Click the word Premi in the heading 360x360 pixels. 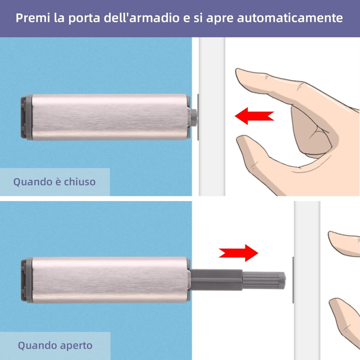[x=33, y=18]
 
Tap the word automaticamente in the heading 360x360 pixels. [x=290, y=18]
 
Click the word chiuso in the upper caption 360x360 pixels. [x=80, y=181]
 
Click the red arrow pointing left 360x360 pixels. [x=254, y=116]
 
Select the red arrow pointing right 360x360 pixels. [x=239, y=253]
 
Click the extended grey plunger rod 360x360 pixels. [x=237, y=280]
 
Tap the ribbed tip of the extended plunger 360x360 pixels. [x=264, y=280]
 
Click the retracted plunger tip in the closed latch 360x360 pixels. [x=194, y=118]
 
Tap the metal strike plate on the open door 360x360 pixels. [x=293, y=280]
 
